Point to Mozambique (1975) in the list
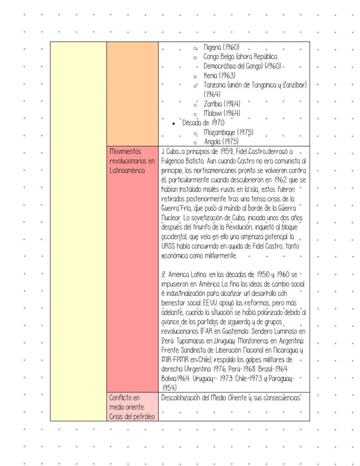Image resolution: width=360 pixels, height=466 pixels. click(229, 132)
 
